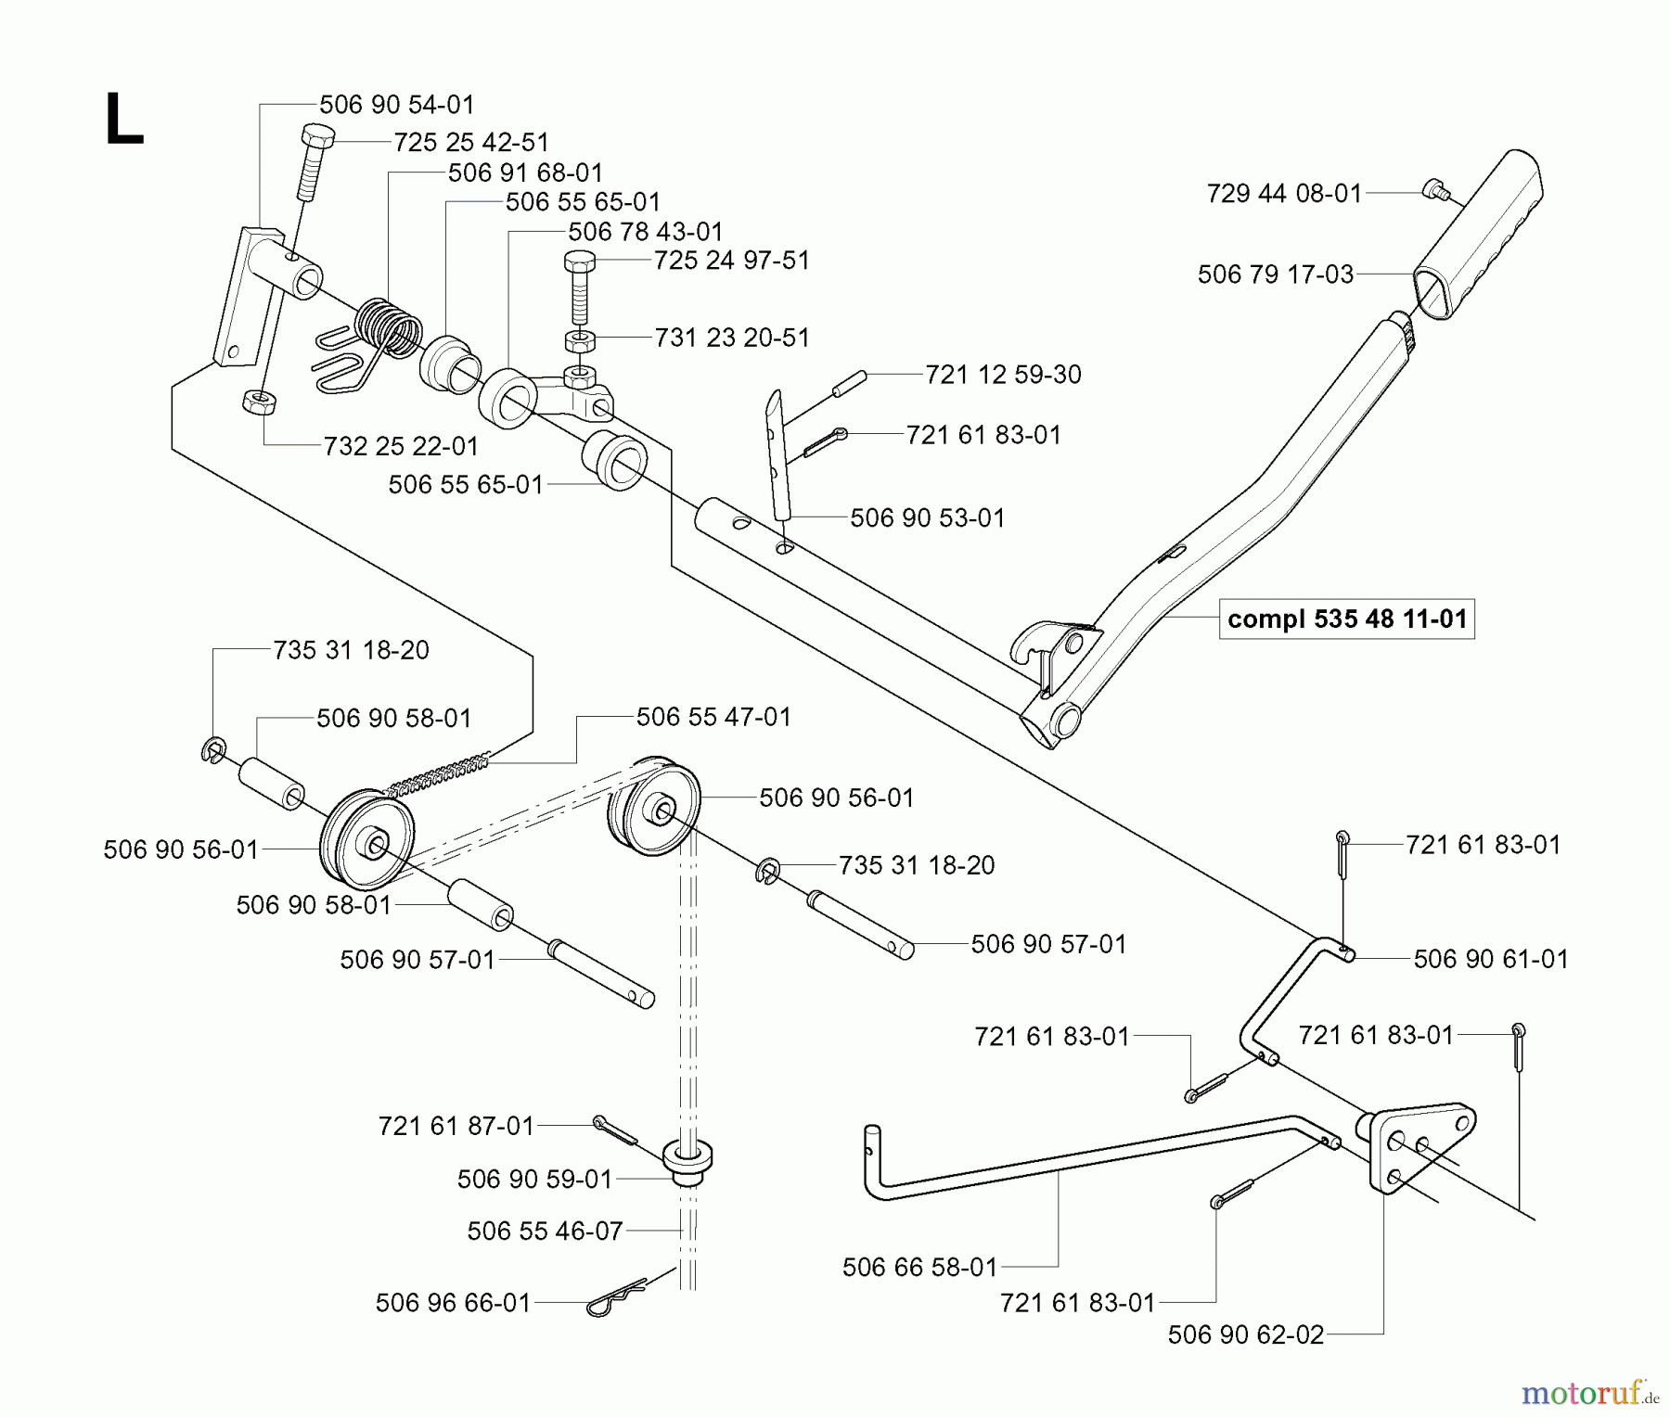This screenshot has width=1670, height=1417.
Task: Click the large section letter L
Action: (124, 121)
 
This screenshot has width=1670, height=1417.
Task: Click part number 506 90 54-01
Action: (396, 105)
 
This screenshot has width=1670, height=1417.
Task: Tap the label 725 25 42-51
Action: (471, 142)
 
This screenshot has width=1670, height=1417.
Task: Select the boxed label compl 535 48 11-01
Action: (1346, 619)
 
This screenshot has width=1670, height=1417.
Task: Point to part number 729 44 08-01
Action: (1284, 193)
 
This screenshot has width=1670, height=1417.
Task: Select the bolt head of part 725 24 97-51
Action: (581, 261)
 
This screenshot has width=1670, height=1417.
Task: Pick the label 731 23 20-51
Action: (731, 338)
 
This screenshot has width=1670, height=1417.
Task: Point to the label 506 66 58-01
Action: (918, 1267)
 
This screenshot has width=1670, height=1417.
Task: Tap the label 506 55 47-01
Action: (713, 717)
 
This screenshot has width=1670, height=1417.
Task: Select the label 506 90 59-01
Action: (534, 1179)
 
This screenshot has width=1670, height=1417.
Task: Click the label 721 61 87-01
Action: (456, 1126)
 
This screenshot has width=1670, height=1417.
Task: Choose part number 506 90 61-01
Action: (1490, 959)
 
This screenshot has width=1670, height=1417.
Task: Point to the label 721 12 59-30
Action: (1003, 375)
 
